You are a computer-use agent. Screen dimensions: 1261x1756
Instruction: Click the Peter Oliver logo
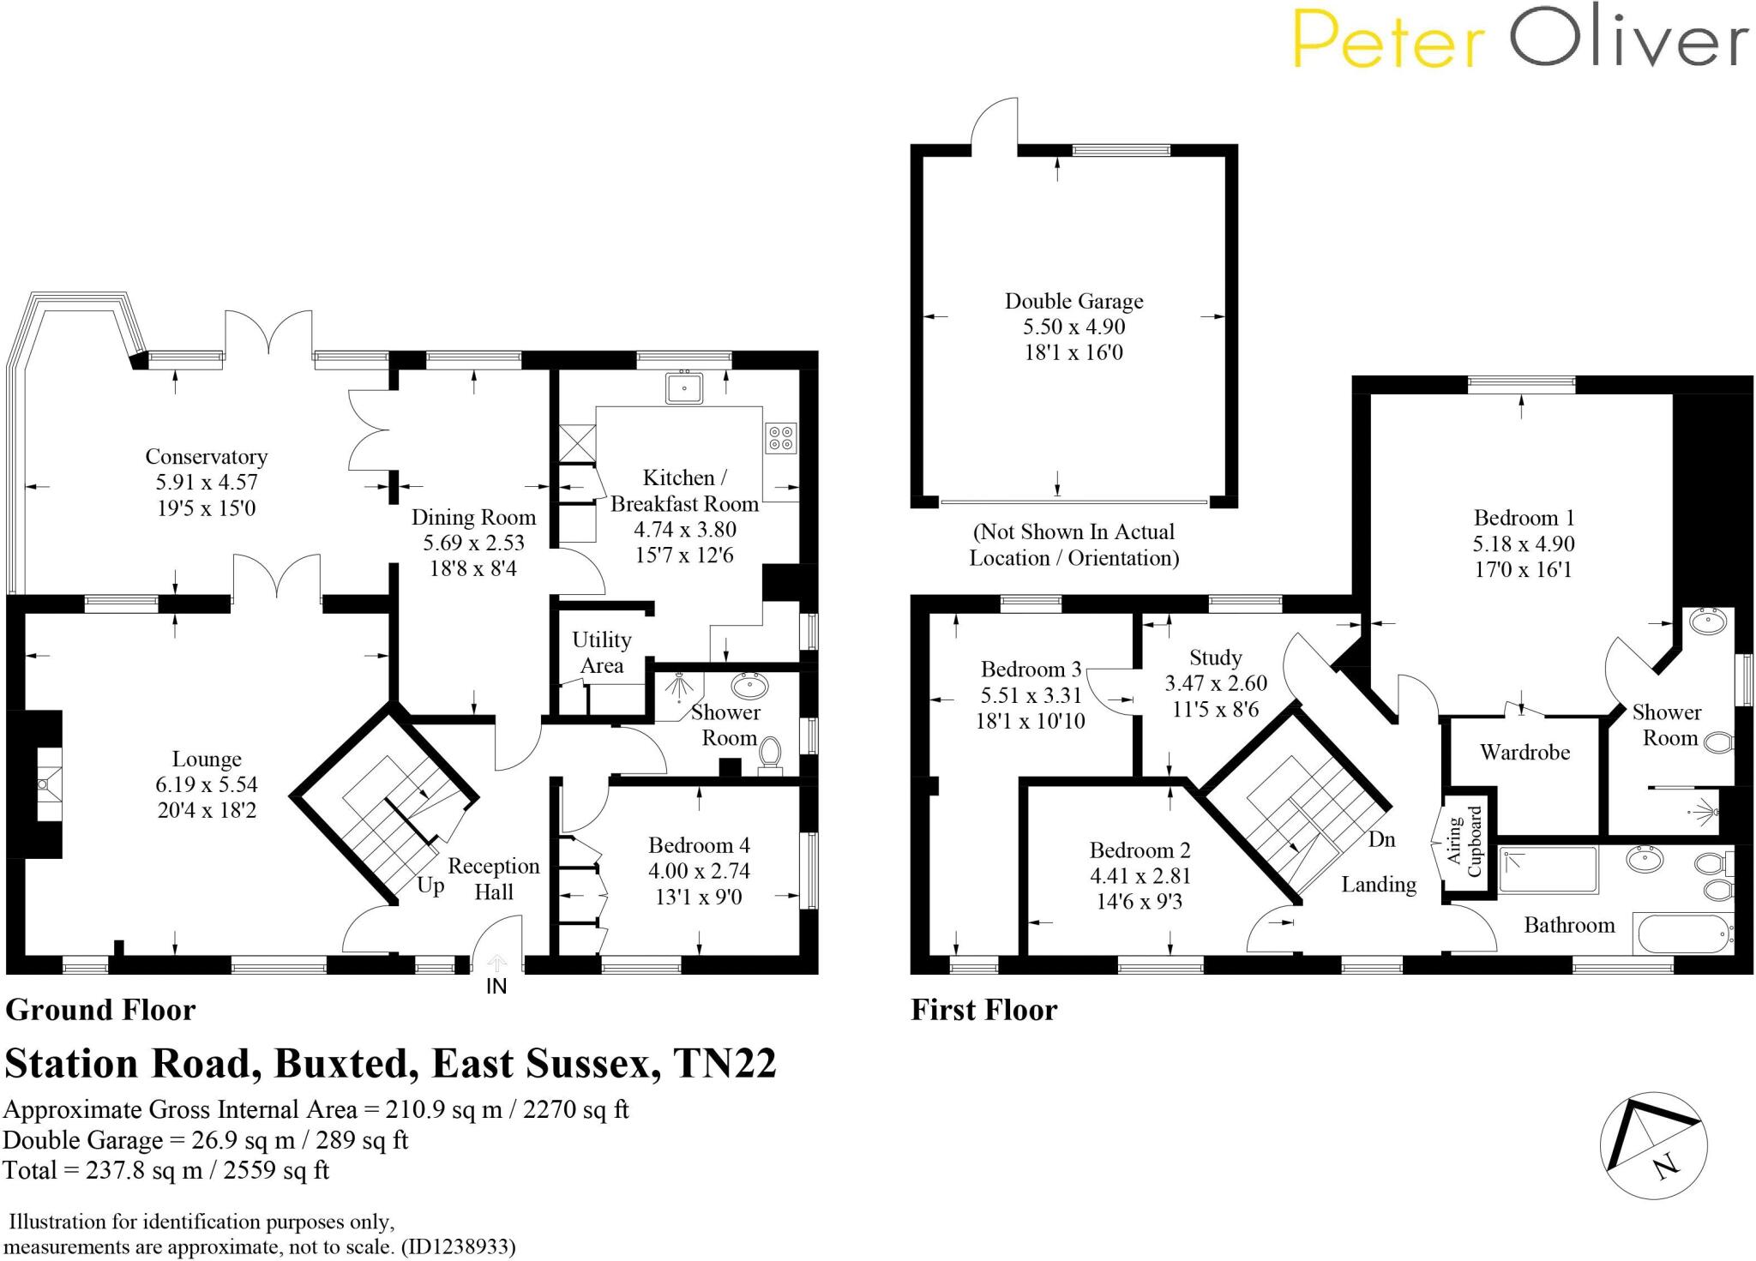(x=1519, y=39)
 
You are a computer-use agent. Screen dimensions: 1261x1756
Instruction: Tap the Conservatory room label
(x=206, y=457)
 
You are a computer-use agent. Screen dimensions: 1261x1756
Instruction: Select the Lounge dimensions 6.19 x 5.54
(x=207, y=784)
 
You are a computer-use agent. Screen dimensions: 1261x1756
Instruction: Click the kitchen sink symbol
(x=683, y=387)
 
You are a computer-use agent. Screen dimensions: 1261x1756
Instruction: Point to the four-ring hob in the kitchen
(x=781, y=438)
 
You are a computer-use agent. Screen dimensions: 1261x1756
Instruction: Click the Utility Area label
(x=601, y=652)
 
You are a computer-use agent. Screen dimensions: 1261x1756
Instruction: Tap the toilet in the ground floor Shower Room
(x=770, y=754)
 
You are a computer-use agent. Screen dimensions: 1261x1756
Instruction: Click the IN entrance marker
(x=496, y=987)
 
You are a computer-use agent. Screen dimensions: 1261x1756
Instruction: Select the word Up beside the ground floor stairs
(x=430, y=886)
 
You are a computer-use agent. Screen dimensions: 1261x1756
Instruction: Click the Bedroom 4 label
(x=699, y=845)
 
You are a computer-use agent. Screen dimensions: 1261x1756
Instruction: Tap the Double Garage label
(x=1073, y=301)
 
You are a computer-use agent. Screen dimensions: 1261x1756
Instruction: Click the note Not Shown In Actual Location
(x=1073, y=544)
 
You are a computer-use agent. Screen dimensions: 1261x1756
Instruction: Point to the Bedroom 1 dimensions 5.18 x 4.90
(x=1524, y=543)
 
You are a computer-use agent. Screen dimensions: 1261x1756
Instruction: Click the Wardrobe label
(x=1524, y=753)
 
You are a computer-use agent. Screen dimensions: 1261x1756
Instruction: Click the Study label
(x=1215, y=658)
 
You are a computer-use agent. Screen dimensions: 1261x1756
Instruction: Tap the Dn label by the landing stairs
(x=1381, y=839)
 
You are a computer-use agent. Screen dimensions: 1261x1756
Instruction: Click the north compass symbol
(x=1653, y=1146)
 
